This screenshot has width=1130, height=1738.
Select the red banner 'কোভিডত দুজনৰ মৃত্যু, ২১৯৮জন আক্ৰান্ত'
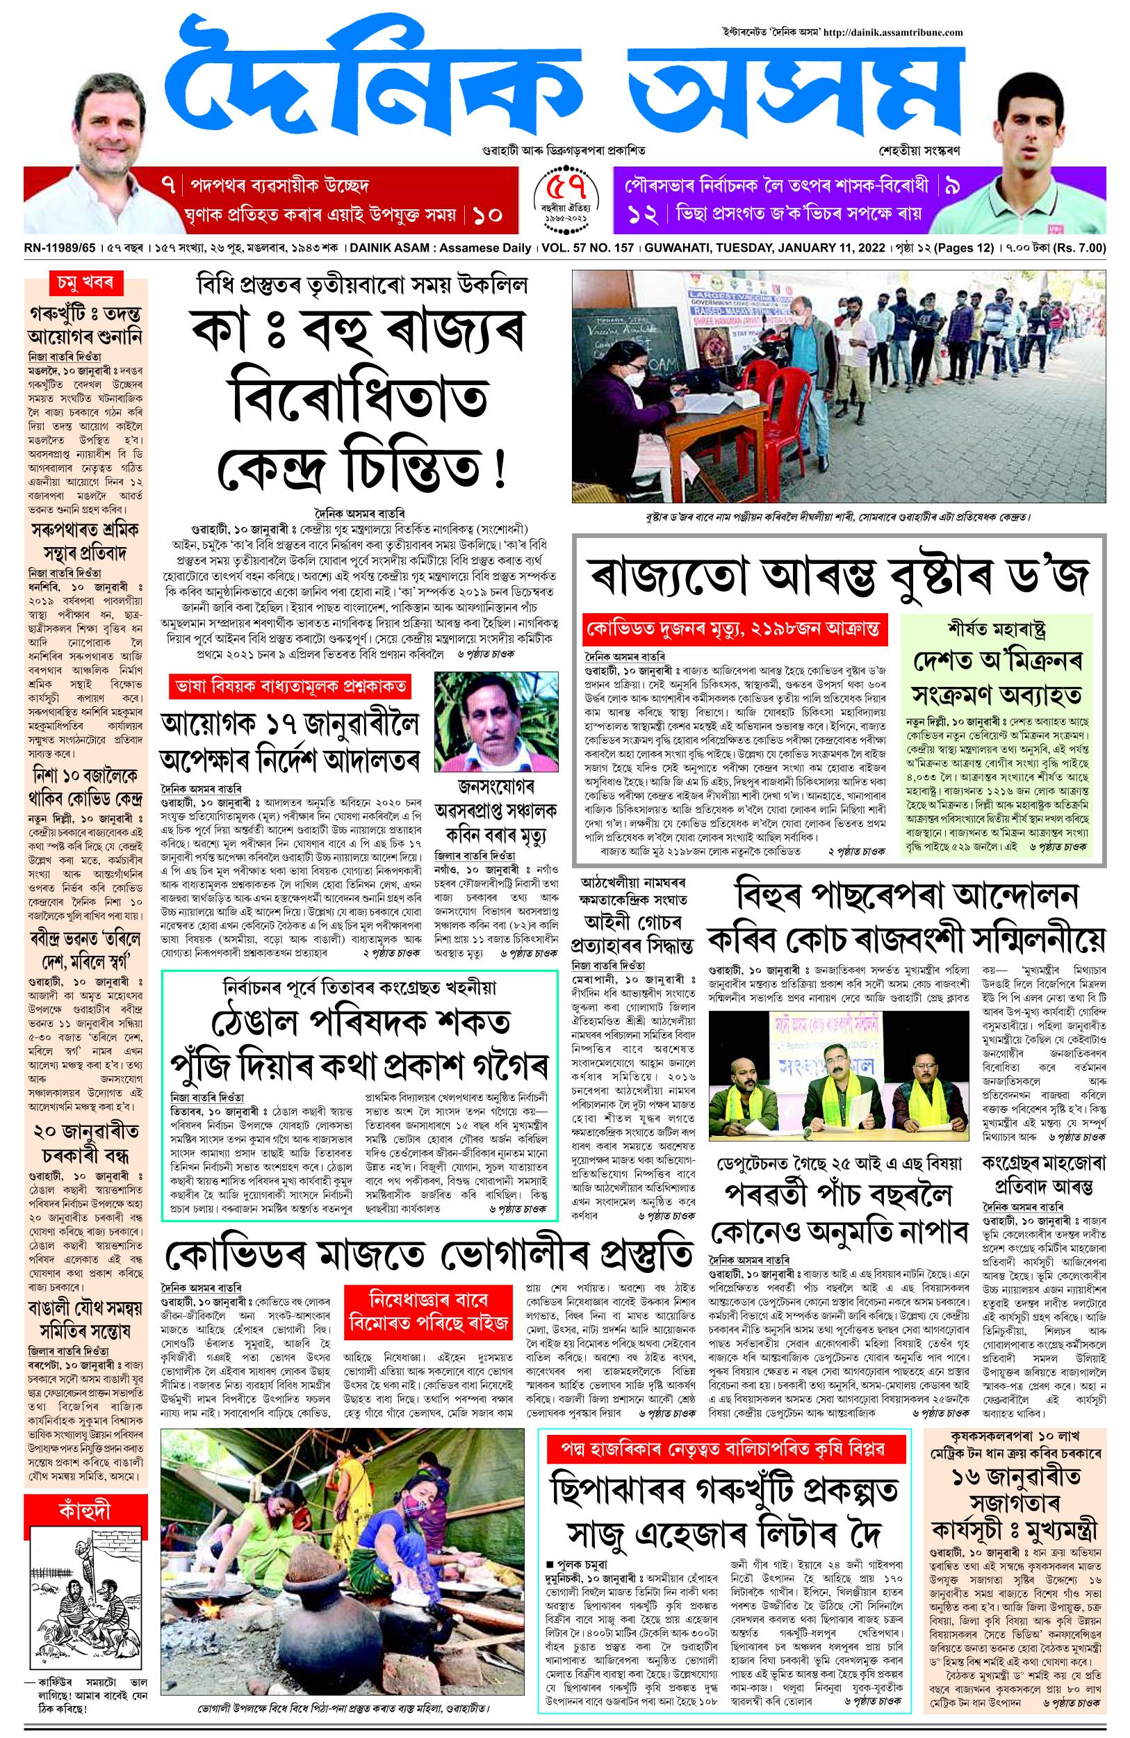pos(736,629)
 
